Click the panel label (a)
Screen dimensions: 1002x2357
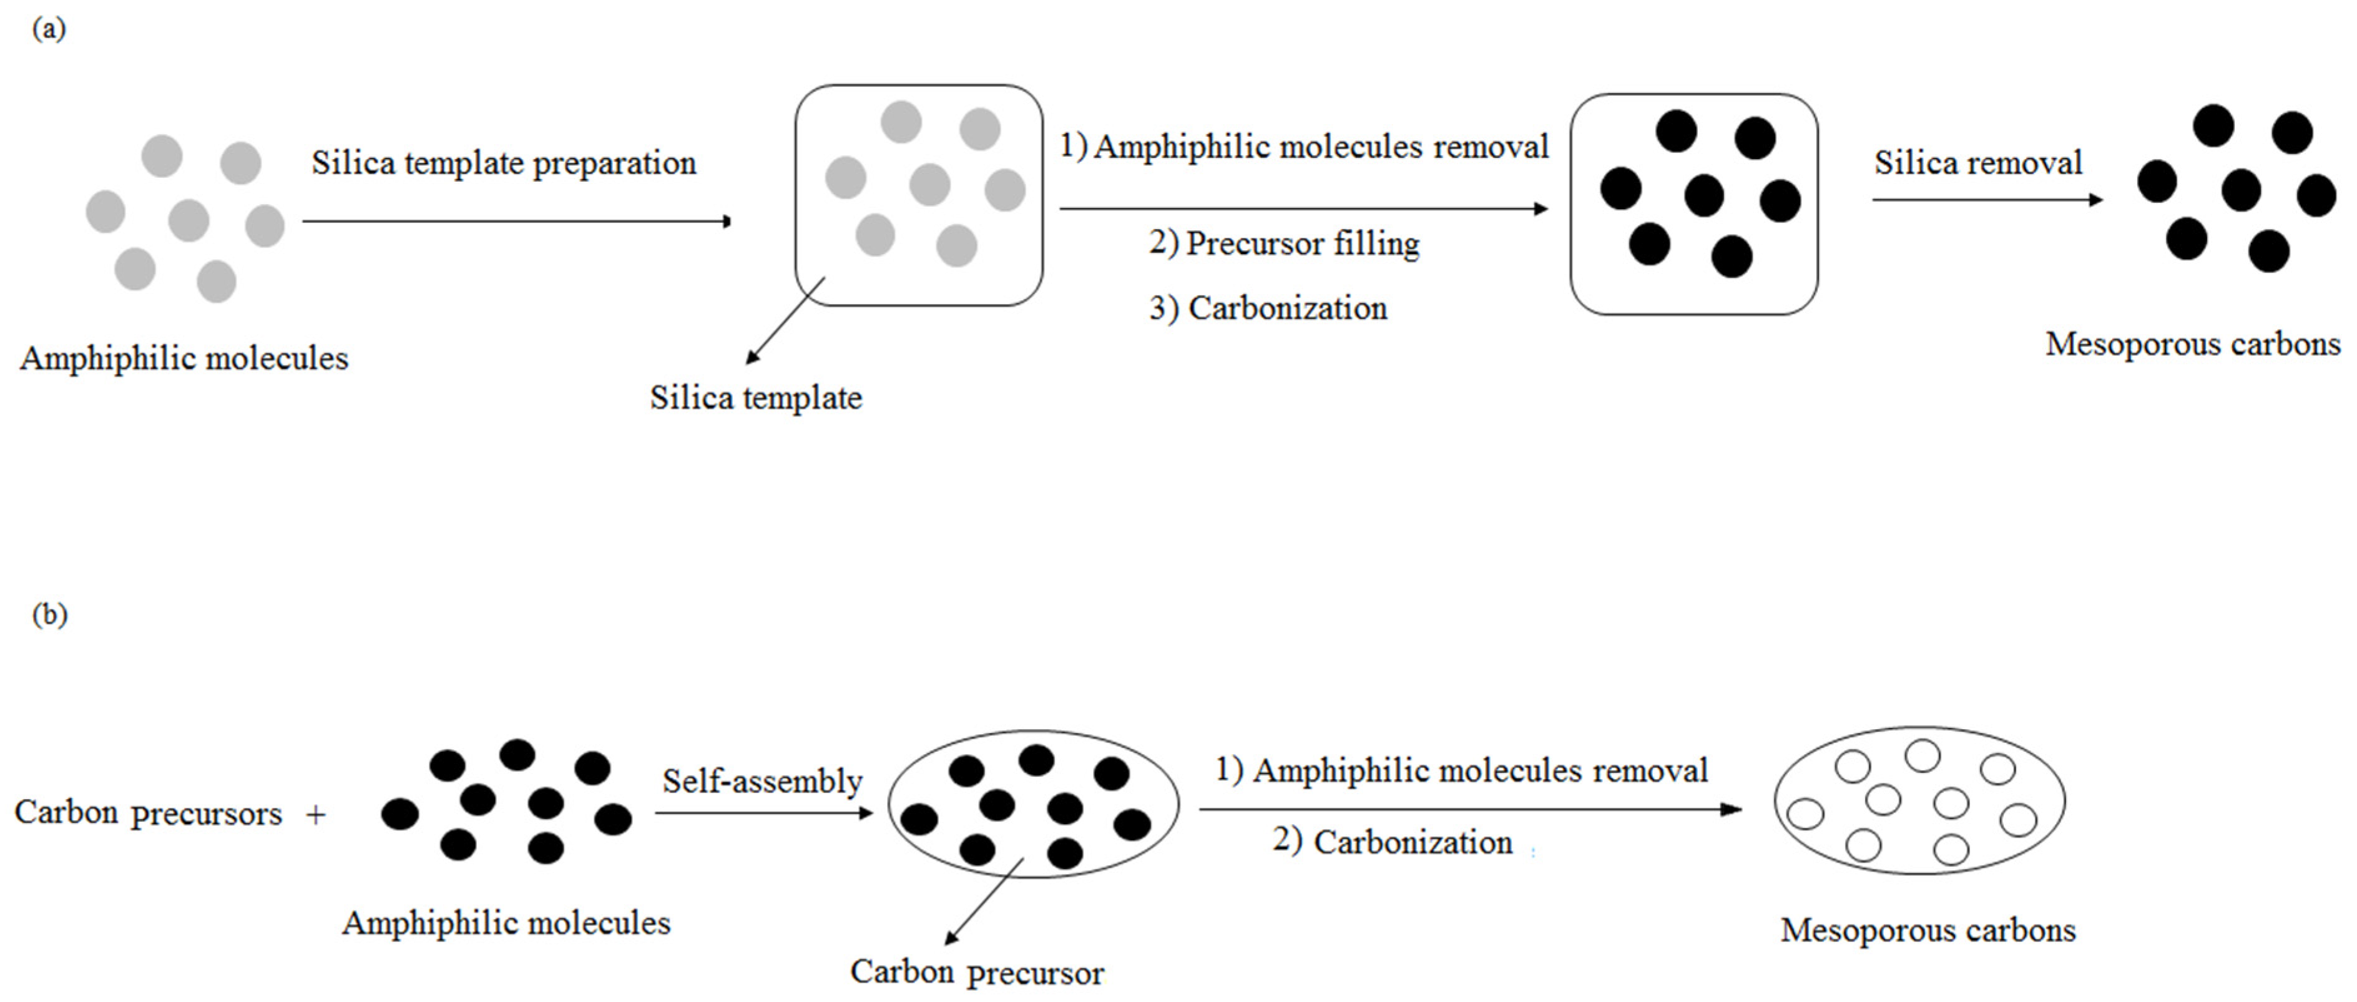(49, 29)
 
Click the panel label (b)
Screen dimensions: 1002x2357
(49, 615)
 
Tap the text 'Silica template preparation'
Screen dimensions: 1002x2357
(503, 164)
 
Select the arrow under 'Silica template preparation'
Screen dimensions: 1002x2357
(516, 220)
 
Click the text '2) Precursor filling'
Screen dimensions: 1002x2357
(1284, 243)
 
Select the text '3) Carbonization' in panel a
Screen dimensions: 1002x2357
(1268, 308)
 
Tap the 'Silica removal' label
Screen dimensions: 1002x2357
(1977, 163)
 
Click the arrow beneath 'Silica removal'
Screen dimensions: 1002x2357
(1986, 200)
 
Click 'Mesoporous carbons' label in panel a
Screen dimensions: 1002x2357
(2192, 344)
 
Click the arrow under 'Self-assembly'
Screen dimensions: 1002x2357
(763, 812)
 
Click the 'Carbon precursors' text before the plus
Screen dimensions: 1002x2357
(148, 813)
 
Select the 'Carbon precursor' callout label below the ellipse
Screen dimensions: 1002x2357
(976, 972)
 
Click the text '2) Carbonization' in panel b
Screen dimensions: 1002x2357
(1392, 842)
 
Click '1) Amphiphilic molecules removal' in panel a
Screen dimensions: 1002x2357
(1304, 147)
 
